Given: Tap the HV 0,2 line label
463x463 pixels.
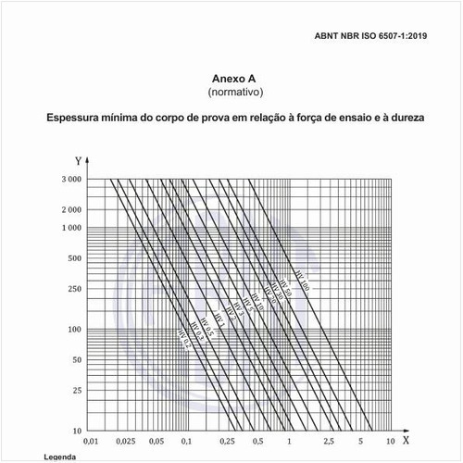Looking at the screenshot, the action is point(185,345).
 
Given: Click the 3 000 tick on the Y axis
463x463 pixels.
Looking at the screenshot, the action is point(70,179).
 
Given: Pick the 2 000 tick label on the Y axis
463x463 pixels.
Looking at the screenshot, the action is point(70,210).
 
